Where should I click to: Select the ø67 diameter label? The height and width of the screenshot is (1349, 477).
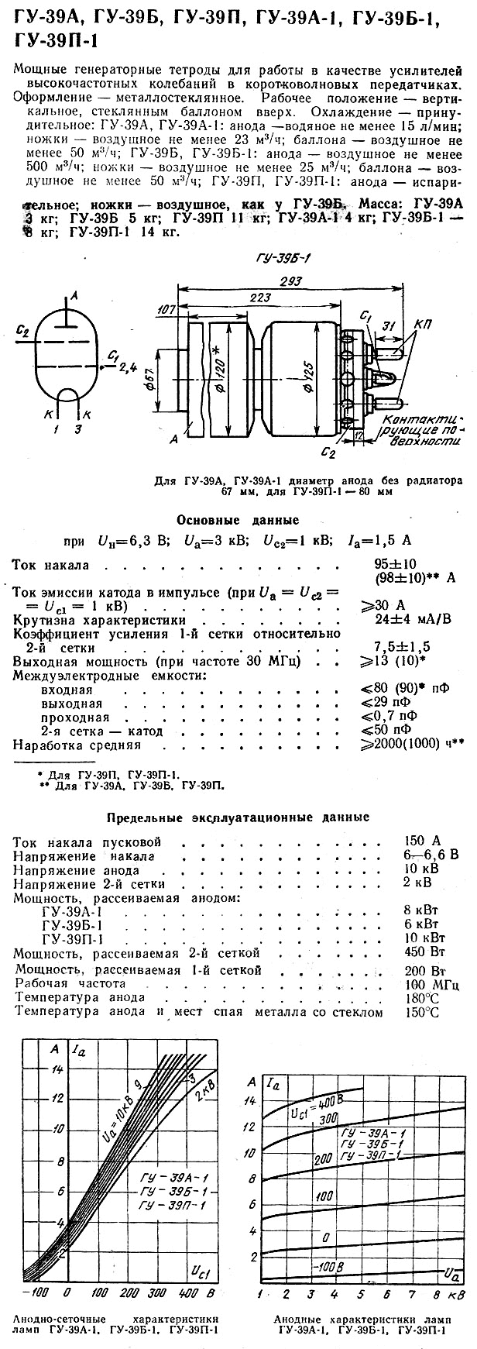pos(152,382)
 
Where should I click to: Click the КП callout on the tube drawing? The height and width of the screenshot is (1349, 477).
pos(423,322)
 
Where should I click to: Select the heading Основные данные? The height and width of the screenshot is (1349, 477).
pos(238,520)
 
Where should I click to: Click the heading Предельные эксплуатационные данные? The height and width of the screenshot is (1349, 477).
pos(238,817)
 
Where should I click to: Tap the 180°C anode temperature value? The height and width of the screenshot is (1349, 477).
pos(423,997)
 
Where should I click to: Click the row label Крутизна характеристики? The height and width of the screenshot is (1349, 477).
pos(100,620)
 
